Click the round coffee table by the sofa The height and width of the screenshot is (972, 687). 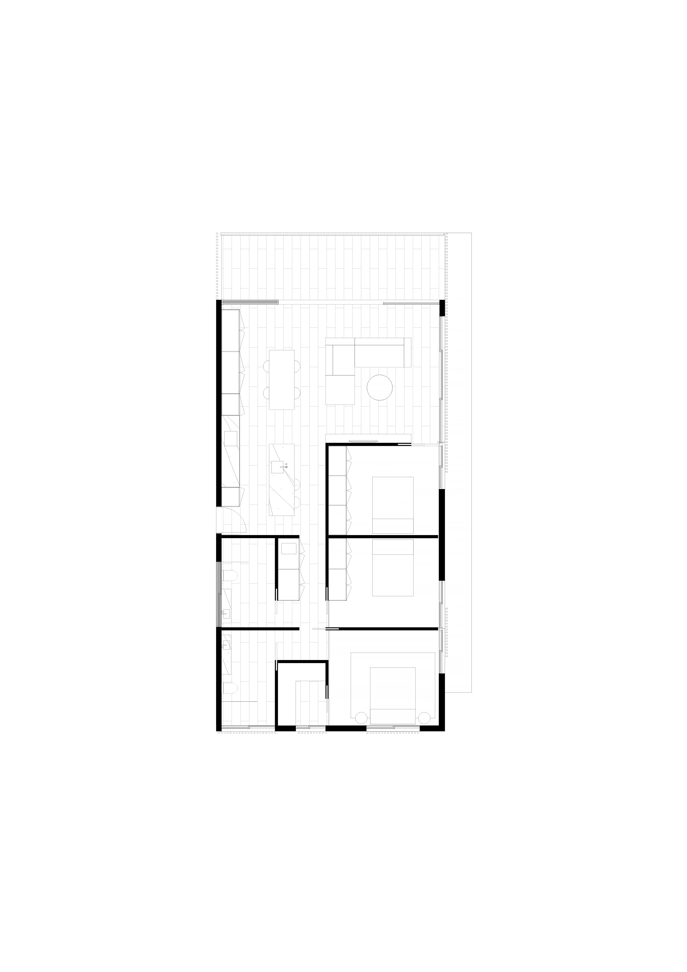[380, 387]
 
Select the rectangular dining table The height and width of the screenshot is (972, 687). [282, 379]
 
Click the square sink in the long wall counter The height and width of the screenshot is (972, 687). [231, 437]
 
